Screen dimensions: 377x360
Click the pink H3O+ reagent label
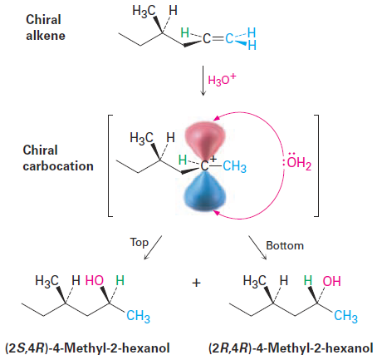pyautogui.click(x=222, y=80)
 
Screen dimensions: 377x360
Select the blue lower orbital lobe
pyautogui.click(x=205, y=191)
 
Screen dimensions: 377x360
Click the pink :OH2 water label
pyautogui.click(x=297, y=161)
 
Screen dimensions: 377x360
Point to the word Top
pyautogui.click(x=140, y=243)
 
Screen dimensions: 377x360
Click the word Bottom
pyautogui.click(x=285, y=245)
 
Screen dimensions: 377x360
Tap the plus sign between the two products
pyautogui.click(x=196, y=283)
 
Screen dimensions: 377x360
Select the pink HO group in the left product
pyautogui.click(x=95, y=280)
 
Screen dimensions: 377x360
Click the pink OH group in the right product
pyautogui.click(x=331, y=281)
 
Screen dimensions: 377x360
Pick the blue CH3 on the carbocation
pyautogui.click(x=234, y=166)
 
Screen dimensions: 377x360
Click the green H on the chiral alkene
pyautogui.click(x=184, y=32)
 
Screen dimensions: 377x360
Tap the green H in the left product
pyautogui.click(x=120, y=280)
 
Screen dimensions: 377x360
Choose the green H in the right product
pyautogui.click(x=308, y=280)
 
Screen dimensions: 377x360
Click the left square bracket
pyautogui.click(x=109, y=165)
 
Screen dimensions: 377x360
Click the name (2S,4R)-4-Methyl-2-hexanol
pyautogui.click(x=87, y=348)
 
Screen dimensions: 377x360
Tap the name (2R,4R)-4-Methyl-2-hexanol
pyautogui.click(x=291, y=348)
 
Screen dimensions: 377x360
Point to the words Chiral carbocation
pyautogui.click(x=58, y=158)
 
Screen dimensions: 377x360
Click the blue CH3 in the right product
pyautogui.click(x=345, y=316)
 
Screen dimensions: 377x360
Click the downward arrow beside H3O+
pyautogui.click(x=203, y=81)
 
